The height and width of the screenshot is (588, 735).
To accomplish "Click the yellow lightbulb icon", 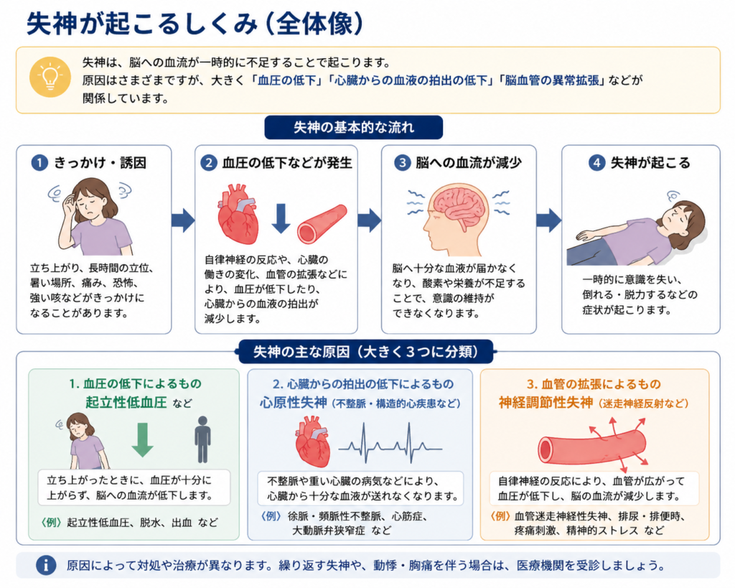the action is pyautogui.click(x=50, y=77).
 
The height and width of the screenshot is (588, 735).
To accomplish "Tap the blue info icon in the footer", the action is pyautogui.click(x=46, y=565).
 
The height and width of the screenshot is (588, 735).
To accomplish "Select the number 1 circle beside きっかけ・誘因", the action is pyautogui.click(x=39, y=163).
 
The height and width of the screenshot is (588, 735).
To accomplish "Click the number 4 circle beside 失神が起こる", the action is pyautogui.click(x=596, y=163).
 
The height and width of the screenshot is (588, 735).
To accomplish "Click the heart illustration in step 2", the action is pyautogui.click(x=238, y=214).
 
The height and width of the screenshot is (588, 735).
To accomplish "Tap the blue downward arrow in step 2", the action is pyautogui.click(x=281, y=218).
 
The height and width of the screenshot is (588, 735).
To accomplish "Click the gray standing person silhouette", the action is pyautogui.click(x=202, y=439).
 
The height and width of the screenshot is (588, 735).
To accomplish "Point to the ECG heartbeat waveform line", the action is pyautogui.click(x=390, y=444).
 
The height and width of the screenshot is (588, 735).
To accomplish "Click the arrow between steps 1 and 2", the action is pyautogui.click(x=183, y=220).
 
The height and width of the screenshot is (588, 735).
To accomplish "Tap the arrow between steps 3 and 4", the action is pyautogui.click(x=549, y=220).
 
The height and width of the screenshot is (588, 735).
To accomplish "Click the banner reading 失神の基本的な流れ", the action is pyautogui.click(x=353, y=128).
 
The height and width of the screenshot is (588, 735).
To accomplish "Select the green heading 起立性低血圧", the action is pyautogui.click(x=126, y=402).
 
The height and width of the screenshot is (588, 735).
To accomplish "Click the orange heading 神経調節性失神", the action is pyautogui.click(x=546, y=403).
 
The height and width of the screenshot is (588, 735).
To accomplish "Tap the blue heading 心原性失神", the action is pyautogui.click(x=293, y=403).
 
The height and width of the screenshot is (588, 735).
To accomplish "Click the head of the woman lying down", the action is pyautogui.click(x=684, y=223).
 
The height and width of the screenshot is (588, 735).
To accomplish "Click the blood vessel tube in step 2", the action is pyautogui.click(x=322, y=224).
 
